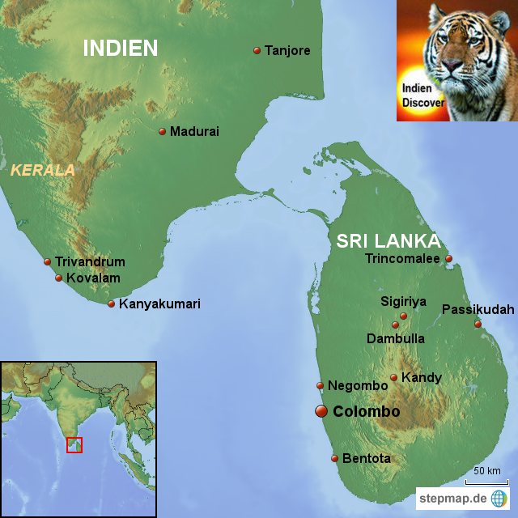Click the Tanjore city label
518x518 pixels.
pos(287,50)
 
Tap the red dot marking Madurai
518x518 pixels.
pos(162,131)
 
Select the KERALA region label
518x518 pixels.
pos(42,170)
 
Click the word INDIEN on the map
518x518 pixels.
pos(121,48)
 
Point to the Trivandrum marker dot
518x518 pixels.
pos(47,261)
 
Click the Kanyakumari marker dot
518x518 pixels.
pos(112,304)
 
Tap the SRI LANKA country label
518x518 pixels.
pos(388,241)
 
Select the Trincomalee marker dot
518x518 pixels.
pos(449,260)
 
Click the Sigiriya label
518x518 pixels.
pos(403,302)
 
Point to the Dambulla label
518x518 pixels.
pos(396,338)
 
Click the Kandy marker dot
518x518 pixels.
pos(394,377)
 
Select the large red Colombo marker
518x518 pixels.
pos(321,412)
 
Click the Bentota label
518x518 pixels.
pos(367,458)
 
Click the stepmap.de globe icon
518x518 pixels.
pos(499,499)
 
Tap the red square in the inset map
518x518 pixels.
pos(74,444)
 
